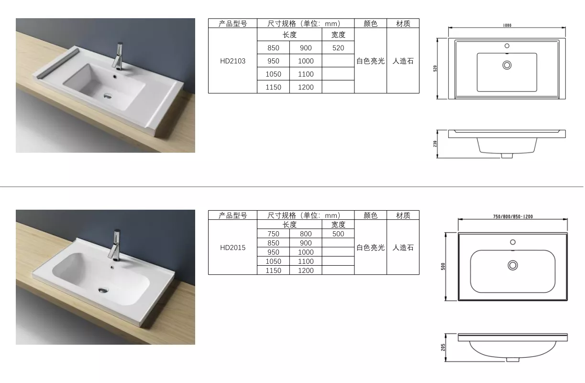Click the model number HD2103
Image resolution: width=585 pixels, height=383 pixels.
pos(232,61)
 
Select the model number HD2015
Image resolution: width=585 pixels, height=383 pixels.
pos(232,248)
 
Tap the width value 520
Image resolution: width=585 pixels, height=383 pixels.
pos(338,48)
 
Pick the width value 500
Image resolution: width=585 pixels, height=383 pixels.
pos(338,234)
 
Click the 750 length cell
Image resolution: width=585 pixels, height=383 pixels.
pos(273,234)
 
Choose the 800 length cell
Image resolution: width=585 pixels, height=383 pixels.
pos(306,234)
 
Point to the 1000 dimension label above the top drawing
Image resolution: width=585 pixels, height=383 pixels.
pos(507,25)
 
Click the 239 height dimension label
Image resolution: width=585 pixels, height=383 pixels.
pos(435,144)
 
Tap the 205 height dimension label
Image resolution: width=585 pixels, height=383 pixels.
pos(443,347)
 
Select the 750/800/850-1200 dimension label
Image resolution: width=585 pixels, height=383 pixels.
pos(513,216)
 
